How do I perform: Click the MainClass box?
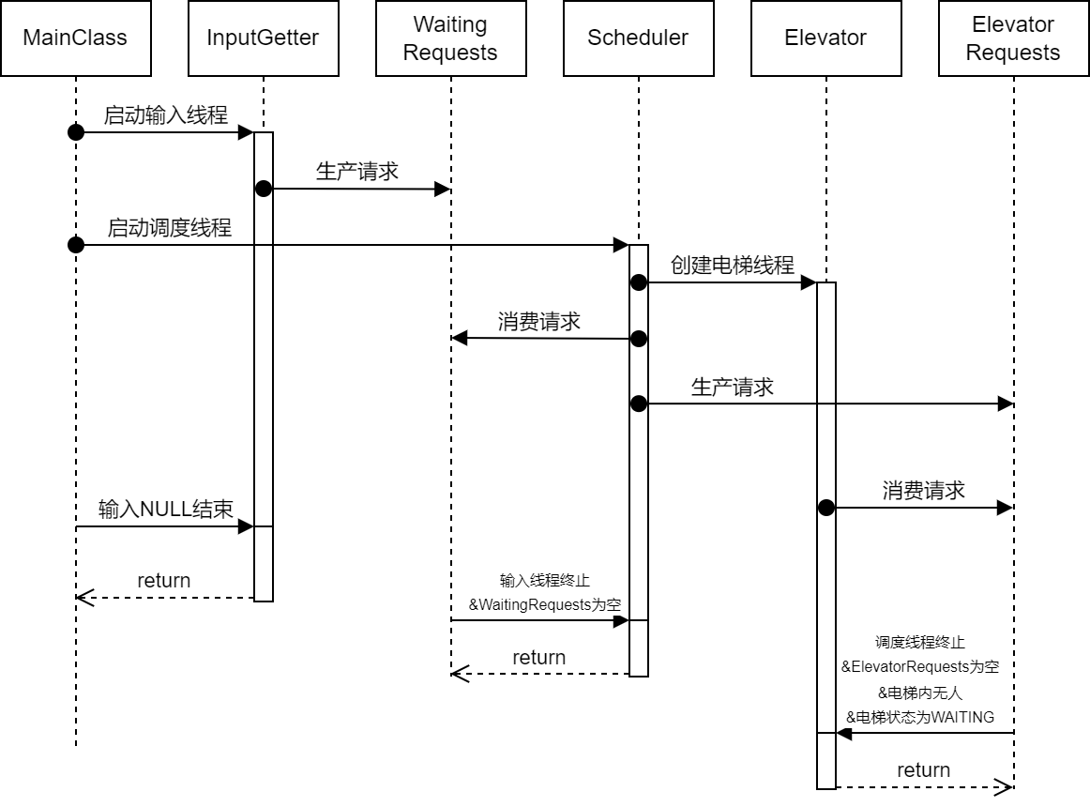75,38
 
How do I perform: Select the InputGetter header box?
263,38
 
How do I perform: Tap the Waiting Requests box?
450,38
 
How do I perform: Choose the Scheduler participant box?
638,38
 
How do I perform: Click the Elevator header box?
825,38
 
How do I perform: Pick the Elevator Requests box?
1013,38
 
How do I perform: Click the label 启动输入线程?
165,115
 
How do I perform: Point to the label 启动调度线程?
169,228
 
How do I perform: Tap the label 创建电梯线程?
732,266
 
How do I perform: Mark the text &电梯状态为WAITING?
920,717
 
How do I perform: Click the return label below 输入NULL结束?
163,581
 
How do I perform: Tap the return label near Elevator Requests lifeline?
923,770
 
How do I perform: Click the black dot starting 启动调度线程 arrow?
76,245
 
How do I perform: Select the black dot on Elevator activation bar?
825,508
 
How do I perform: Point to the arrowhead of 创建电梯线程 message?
809,282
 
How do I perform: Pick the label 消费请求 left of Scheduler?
538,322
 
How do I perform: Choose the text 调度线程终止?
919,643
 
